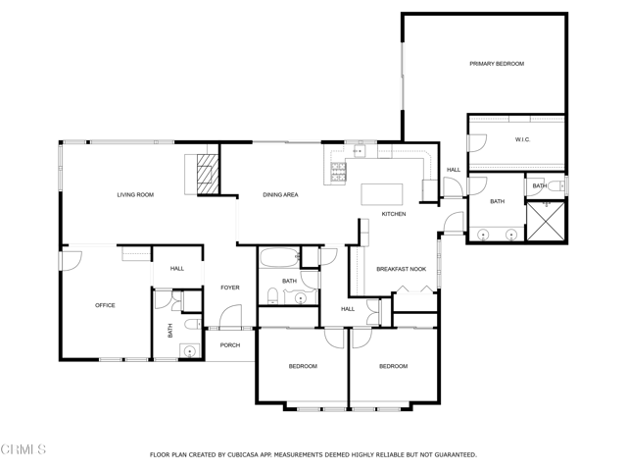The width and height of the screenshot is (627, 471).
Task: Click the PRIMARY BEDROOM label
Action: pos(497,64)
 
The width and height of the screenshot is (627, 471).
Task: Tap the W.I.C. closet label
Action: pos(522,139)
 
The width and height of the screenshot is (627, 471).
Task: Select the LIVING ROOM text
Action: pos(135,194)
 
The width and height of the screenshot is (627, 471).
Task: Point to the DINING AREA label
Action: pos(280,194)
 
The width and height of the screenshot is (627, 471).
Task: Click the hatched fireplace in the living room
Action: pos(208,175)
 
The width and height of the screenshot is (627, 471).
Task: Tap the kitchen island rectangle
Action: pos(382,194)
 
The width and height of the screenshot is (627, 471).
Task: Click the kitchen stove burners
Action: pos(338,172)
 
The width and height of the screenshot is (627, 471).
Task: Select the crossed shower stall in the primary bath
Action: pos(546,222)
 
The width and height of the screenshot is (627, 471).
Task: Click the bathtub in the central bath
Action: pos(279,258)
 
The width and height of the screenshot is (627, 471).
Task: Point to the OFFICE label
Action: pos(105,305)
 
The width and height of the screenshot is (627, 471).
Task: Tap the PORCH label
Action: pos(230,344)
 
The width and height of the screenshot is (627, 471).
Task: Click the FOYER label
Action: pos(230,288)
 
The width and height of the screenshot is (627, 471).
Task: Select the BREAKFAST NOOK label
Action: pos(401,269)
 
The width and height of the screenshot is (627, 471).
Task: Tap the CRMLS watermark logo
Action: pos(24,449)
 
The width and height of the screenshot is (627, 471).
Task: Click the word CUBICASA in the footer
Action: pos(241,454)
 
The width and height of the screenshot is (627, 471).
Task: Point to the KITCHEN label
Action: pos(394,214)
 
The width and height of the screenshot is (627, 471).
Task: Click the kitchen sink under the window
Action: pos(360,151)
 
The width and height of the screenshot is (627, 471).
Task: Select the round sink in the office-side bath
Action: pos(189,351)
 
